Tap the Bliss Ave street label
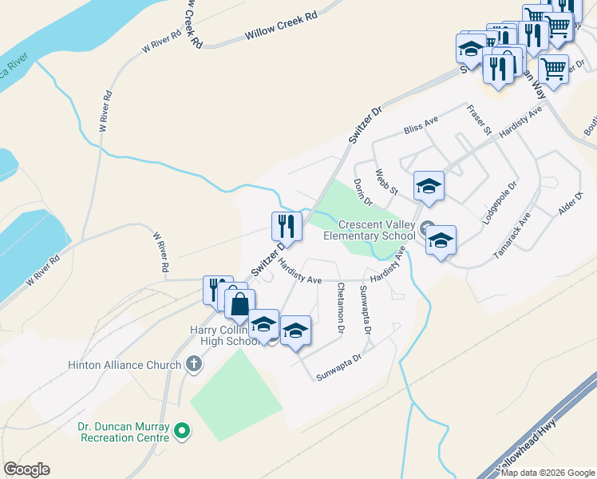pos(421,124)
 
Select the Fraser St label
pos(480,121)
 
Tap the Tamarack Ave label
pos(512,235)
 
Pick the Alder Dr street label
pos(567,204)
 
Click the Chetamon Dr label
pos(341,307)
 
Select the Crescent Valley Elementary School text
pos(370,230)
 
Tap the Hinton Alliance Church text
pos(131,366)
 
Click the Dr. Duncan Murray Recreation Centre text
pos(124,432)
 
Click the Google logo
pos(26,469)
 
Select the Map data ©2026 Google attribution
pos(548,473)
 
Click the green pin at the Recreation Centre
pos(183,432)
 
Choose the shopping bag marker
pos(239,304)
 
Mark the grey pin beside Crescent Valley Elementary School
pos(427,226)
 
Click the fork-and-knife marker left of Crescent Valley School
pos(287,226)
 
